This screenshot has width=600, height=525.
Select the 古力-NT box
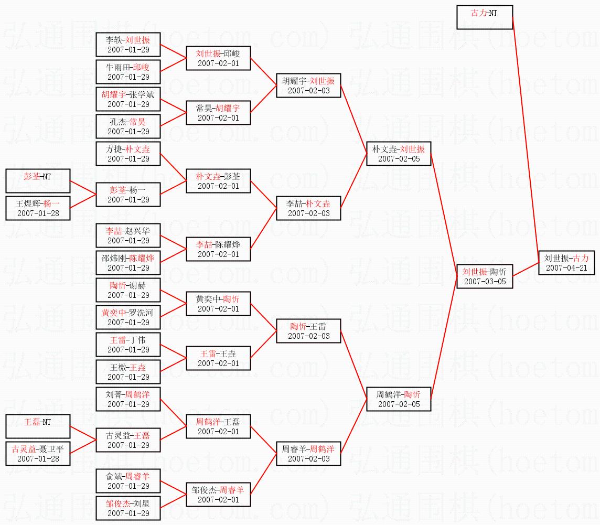[484, 17]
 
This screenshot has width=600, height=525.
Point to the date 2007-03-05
[484, 282]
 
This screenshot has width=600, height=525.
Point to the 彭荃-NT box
[38, 181]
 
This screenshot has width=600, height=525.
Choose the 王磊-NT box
[38, 426]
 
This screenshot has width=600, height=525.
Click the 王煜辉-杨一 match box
[38, 208]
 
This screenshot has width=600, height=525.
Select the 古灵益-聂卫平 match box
[38, 454]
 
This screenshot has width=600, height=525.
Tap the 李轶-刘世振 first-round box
[128, 45]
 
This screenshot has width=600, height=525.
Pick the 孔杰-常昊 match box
[128, 126]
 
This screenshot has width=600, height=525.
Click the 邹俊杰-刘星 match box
[128, 508]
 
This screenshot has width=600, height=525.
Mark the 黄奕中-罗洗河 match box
[128, 317]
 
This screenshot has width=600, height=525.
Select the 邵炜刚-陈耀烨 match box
[128, 263]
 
